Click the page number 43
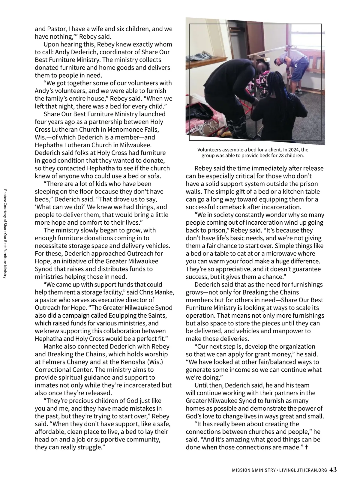[x=333, y=470]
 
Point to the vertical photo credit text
[x=5, y=234]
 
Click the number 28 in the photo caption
[x=279, y=155]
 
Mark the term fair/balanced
[x=277, y=362]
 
